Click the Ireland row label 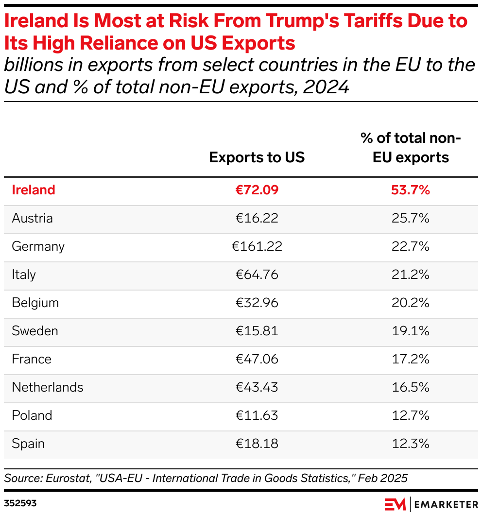[34, 190]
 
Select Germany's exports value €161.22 [257, 246]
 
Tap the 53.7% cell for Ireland [410, 190]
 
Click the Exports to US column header [257, 157]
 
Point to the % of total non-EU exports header [410, 148]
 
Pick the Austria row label [32, 218]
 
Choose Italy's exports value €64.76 [257, 275]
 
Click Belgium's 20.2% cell [410, 303]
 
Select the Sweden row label [35, 331]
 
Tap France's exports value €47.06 [257, 359]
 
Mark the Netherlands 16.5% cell [410, 387]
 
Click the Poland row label [32, 415]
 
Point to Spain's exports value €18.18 [257, 444]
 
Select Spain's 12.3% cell [410, 444]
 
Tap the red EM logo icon [395, 504]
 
